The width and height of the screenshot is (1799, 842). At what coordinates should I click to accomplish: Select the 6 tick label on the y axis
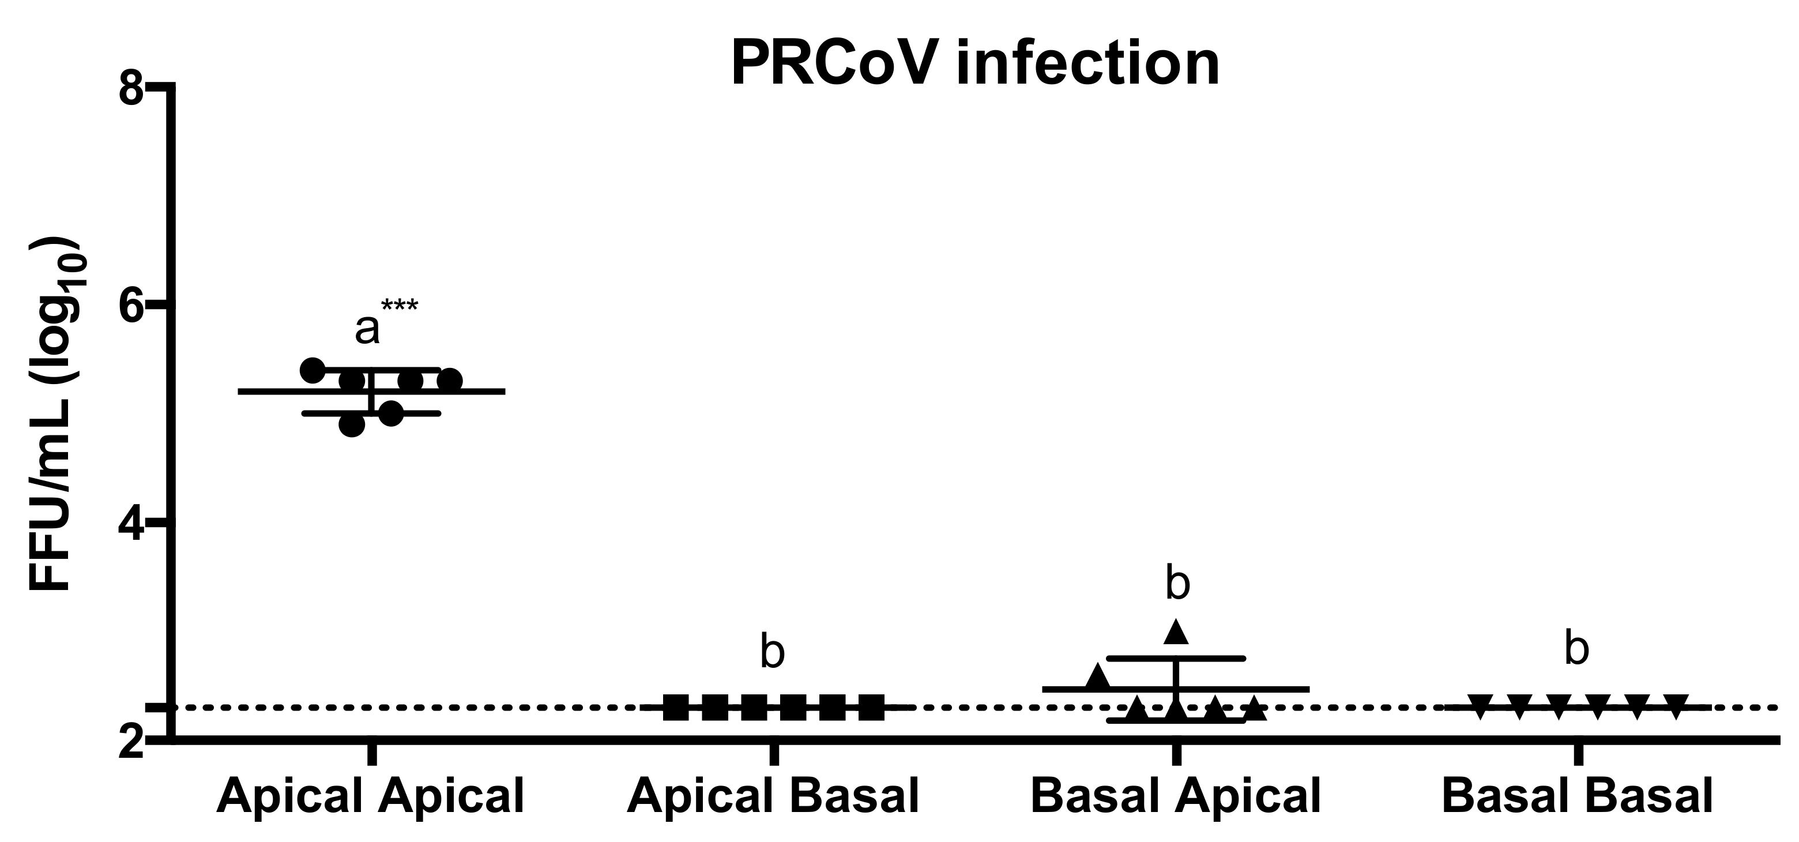(x=131, y=305)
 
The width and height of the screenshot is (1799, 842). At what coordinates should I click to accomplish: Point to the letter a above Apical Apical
(x=367, y=330)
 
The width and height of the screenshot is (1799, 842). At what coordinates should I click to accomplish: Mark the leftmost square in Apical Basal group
(x=676, y=708)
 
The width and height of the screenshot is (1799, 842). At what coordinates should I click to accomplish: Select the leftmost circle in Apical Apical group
(x=313, y=370)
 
